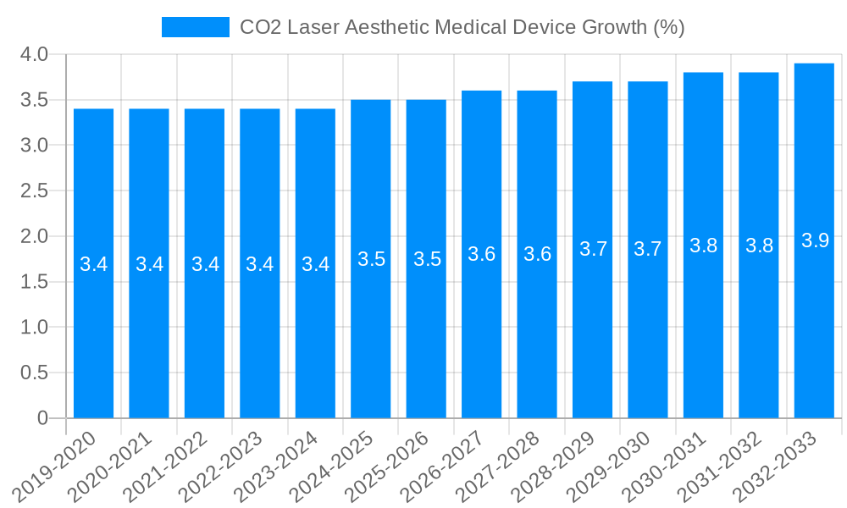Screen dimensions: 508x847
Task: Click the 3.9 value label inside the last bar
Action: point(815,240)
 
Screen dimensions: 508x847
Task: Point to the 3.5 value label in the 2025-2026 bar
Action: point(426,259)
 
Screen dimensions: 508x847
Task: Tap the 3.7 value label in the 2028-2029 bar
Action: point(593,249)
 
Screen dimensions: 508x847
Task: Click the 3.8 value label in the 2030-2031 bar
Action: point(703,246)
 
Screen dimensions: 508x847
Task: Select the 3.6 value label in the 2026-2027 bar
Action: point(481,254)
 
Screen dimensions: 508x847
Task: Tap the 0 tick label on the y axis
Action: point(43,418)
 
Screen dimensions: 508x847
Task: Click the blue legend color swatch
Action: point(196,27)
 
